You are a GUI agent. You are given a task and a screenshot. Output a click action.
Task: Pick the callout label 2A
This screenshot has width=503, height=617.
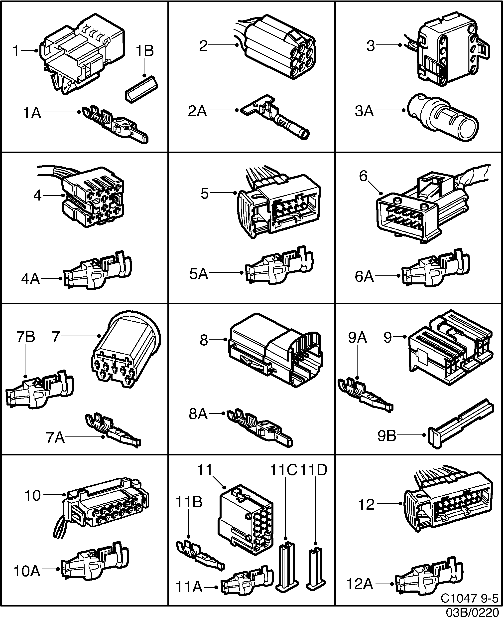point(197,111)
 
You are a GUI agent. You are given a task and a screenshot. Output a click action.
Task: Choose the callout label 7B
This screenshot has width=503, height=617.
point(26,337)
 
